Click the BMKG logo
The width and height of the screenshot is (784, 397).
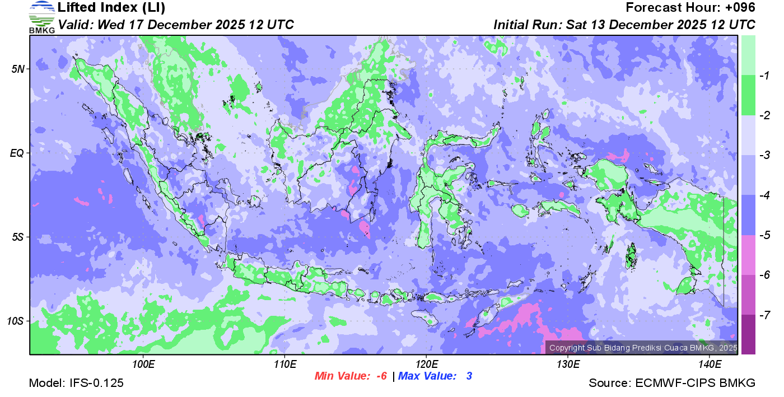click(42, 17)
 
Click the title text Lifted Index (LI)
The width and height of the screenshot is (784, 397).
click(112, 8)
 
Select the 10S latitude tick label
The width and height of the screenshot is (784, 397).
click(15, 321)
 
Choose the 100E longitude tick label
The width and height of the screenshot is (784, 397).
click(143, 365)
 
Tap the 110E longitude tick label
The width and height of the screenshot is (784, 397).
click(284, 365)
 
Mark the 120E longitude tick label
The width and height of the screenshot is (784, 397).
click(426, 365)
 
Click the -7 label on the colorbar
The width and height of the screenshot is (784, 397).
click(762, 315)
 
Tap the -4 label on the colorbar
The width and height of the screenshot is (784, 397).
click(762, 195)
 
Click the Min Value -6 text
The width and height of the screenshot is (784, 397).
click(351, 376)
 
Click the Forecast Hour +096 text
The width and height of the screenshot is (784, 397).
click(690, 8)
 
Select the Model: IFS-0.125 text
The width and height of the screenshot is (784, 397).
click(76, 383)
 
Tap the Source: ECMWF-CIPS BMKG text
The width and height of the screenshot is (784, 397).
click(672, 383)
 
